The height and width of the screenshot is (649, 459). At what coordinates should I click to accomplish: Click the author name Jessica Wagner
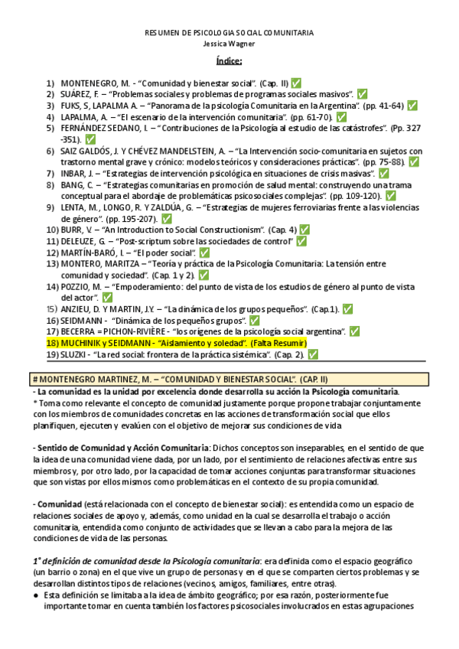[229, 45]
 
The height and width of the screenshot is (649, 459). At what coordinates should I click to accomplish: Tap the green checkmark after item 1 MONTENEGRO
[296, 83]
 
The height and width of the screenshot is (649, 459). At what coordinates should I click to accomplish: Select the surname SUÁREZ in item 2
[79, 94]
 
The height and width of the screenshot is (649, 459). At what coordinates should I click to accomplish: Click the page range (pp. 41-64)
[380, 106]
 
